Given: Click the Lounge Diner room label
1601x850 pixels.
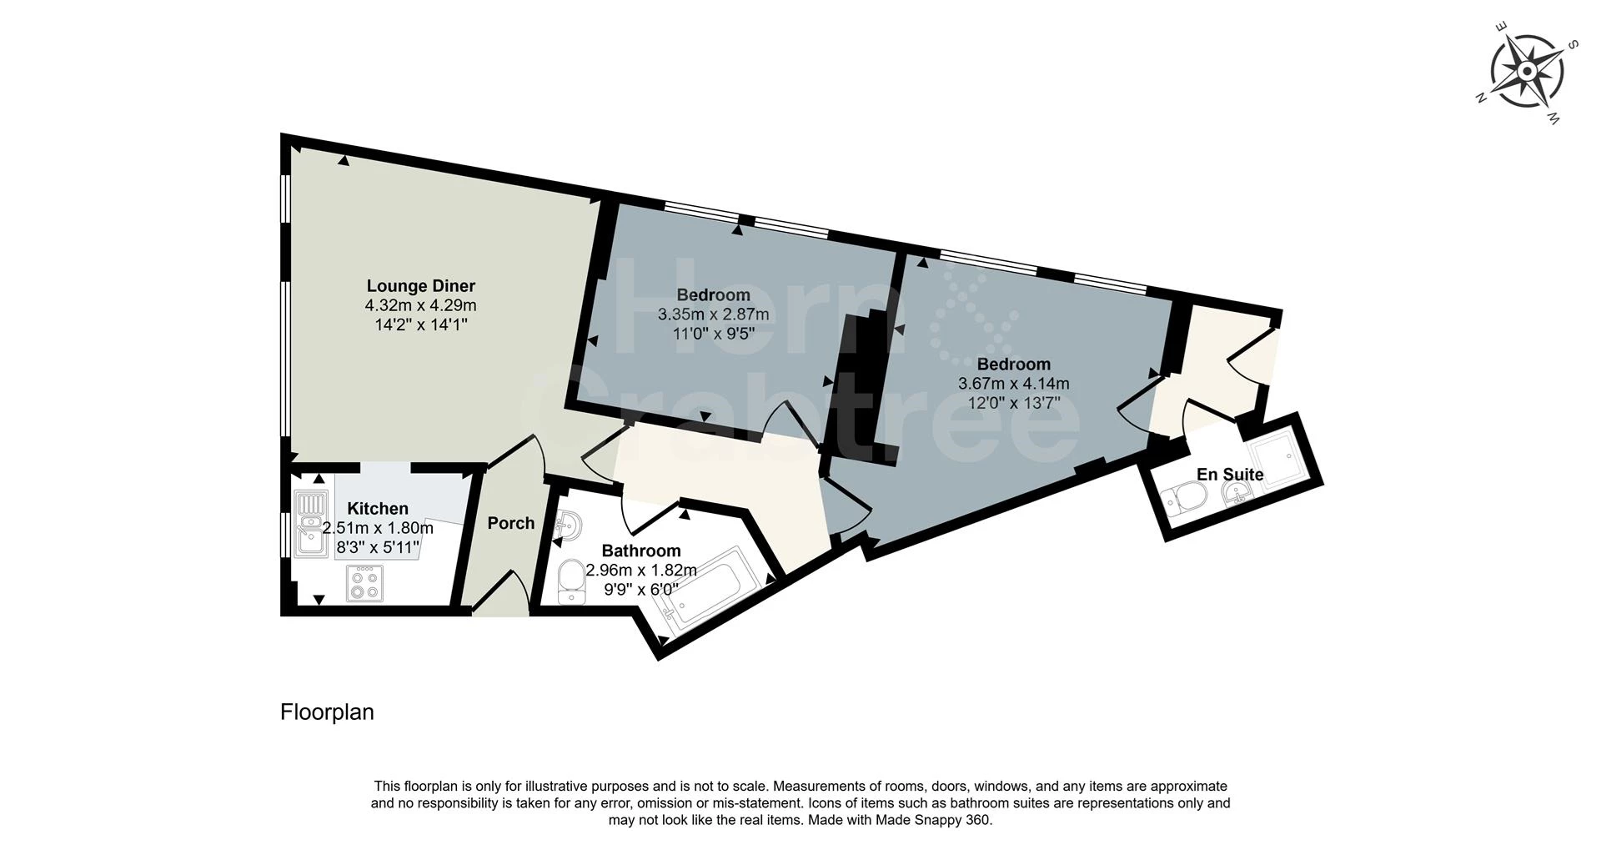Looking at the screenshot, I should pos(420,286).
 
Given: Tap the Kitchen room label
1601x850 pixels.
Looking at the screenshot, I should pos(377,508).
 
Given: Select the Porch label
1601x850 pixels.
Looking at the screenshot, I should pos(510,523).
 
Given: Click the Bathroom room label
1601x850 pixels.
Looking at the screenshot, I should pos(640,551).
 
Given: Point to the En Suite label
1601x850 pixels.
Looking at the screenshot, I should pos(1230,475).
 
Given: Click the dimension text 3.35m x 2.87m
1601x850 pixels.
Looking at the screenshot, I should pos(713,314).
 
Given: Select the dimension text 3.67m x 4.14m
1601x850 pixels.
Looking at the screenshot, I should pos(1013,384).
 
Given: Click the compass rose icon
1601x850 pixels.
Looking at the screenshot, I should pos(1526,72).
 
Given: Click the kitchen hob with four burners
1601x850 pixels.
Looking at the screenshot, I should pos(364,583).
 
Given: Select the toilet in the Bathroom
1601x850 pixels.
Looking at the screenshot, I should pos(571,581).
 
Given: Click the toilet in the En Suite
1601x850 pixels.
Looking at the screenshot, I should pos(1187,501).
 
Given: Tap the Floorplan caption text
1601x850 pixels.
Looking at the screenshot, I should pos(327,712).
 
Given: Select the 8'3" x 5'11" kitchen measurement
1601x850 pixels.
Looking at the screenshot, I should pos(377,547).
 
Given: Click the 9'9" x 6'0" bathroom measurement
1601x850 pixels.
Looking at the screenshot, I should pos(640,589).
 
